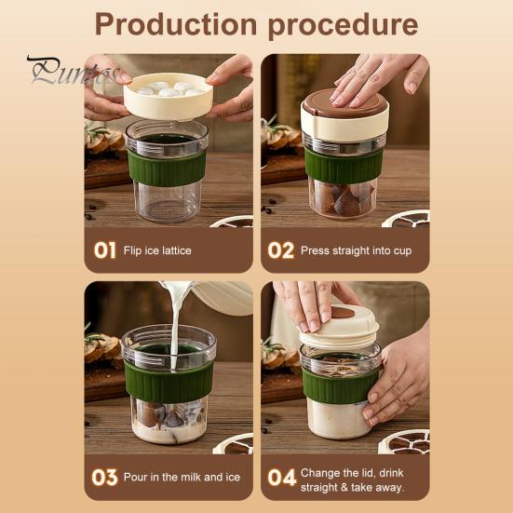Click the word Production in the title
coord(176,24)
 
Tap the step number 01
coord(104,250)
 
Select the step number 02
coord(281,250)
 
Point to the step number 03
coord(104,478)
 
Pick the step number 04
coord(282,478)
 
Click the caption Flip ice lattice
coord(157,250)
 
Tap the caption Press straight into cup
coord(356,251)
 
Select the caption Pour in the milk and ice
coord(182,477)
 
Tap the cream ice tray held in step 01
coord(169,96)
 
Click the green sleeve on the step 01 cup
coord(167,168)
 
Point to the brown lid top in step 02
coord(344,103)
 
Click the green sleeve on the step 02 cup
coord(344,166)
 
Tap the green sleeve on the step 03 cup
coord(169,382)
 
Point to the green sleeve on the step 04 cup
coord(339,386)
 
